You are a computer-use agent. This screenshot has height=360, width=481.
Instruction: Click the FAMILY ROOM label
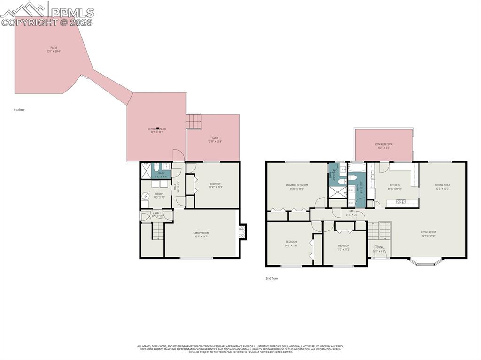point(201,235)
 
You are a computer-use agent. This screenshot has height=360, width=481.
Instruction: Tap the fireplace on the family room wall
point(242,232)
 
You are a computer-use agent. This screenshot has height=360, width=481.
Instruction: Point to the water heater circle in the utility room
point(146,196)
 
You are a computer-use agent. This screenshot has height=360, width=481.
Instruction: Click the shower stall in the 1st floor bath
point(146,170)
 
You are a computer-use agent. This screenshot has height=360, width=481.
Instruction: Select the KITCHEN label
point(395,187)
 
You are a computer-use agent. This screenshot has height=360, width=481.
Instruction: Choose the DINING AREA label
point(442,187)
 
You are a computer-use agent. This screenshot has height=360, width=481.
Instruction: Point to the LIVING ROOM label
point(428,234)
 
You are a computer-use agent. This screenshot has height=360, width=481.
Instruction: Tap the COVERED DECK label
point(384,146)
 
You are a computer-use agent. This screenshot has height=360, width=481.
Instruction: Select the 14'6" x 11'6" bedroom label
point(291,244)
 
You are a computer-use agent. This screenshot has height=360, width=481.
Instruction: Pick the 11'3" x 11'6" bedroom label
point(343,247)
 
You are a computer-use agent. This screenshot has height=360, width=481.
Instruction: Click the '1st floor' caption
point(19,110)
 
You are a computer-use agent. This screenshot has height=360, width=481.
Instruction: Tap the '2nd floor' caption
point(272,278)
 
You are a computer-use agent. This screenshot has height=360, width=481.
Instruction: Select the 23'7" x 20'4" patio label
point(54,50)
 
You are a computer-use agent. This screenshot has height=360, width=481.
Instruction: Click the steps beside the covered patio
point(194,121)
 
